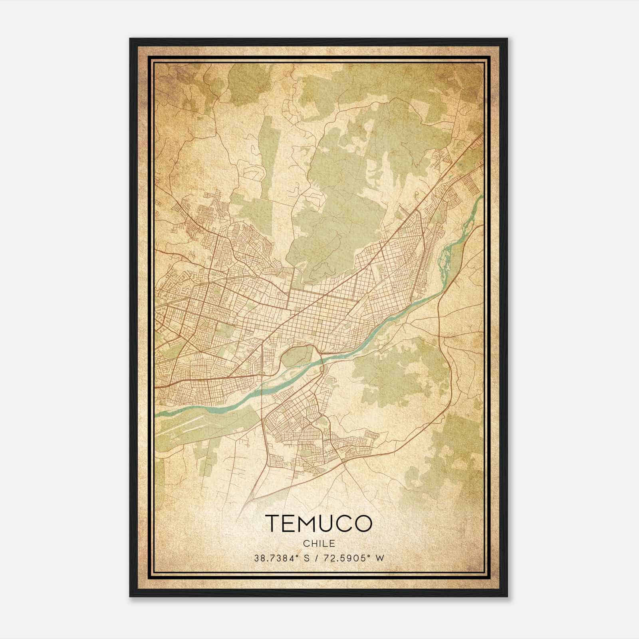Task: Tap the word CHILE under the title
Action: (x=318, y=543)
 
